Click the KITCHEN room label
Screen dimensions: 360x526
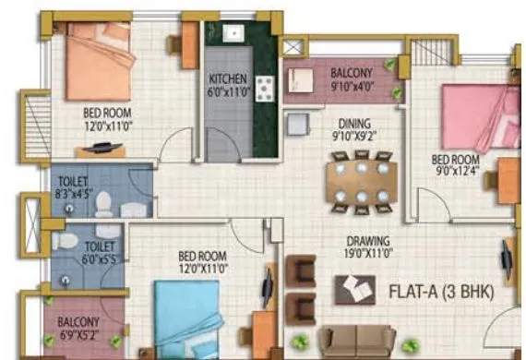pos(227,78)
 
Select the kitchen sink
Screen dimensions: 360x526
pos(233,34)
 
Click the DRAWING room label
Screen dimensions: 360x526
pos(362,239)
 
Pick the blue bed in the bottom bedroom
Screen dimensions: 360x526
pos(188,318)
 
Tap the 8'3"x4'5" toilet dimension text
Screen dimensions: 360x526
pos(74,195)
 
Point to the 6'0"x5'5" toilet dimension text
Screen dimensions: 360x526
pos(101,258)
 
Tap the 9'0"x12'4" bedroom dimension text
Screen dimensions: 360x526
pos(459,170)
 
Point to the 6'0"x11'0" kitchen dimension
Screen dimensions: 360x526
pos(227,91)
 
